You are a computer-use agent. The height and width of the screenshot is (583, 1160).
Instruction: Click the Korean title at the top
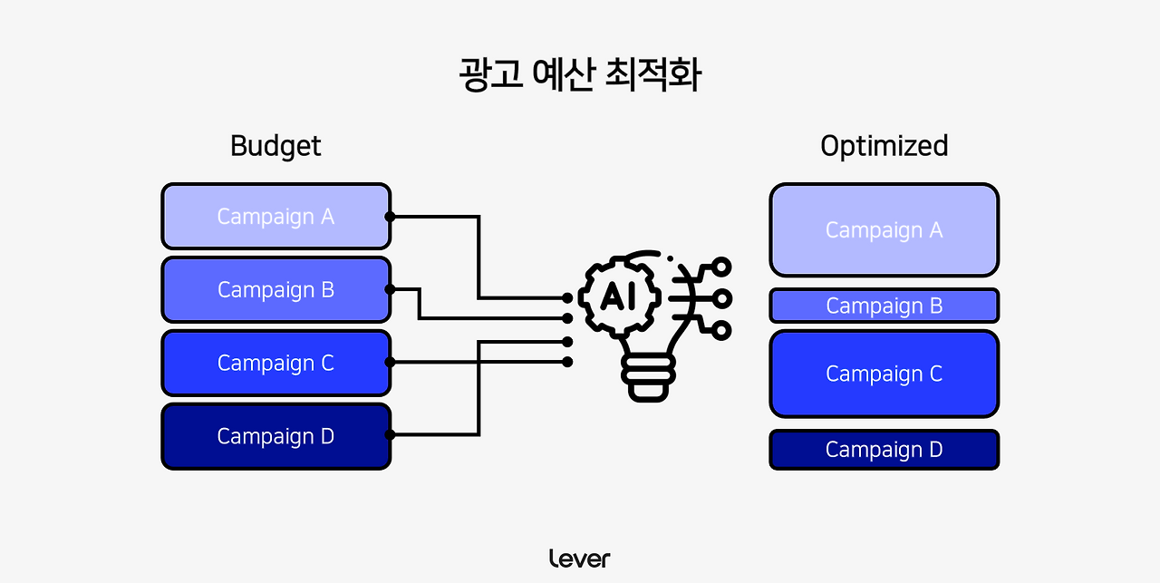coord(580,75)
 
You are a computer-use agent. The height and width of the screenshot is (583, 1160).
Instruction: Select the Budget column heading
coord(275,146)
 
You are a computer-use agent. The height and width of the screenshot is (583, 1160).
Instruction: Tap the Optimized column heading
coord(884,146)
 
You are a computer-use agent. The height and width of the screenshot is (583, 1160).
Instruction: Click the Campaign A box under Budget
coord(275,217)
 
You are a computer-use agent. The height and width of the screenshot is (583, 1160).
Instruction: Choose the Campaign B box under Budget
coord(275,290)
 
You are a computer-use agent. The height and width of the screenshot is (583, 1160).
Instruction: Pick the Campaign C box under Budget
coord(275,363)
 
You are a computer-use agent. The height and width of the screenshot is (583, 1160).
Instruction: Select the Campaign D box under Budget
coord(275,436)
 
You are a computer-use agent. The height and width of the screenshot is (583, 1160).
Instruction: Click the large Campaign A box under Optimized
coord(884,230)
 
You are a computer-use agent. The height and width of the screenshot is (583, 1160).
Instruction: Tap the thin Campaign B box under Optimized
coord(884,306)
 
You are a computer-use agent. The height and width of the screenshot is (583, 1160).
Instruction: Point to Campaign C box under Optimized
coord(884,374)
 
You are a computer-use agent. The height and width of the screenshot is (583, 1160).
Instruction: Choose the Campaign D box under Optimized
coord(884,450)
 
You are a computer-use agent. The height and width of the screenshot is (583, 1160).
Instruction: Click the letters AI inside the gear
coord(625,296)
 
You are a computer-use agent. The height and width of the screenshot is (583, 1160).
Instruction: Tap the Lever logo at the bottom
coord(580,559)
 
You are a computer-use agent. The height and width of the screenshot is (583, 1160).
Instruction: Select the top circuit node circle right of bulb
coord(721,267)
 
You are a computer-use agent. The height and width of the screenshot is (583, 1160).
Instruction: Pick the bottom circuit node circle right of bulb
coord(721,330)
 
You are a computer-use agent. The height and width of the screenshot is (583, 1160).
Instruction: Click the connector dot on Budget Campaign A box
coord(390,217)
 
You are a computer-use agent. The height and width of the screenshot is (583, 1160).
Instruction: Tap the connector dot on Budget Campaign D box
coord(390,435)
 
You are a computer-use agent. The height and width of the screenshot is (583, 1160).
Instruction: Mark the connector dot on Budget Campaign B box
coord(390,290)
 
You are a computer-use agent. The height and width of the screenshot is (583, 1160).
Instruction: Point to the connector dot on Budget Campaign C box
coord(390,362)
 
